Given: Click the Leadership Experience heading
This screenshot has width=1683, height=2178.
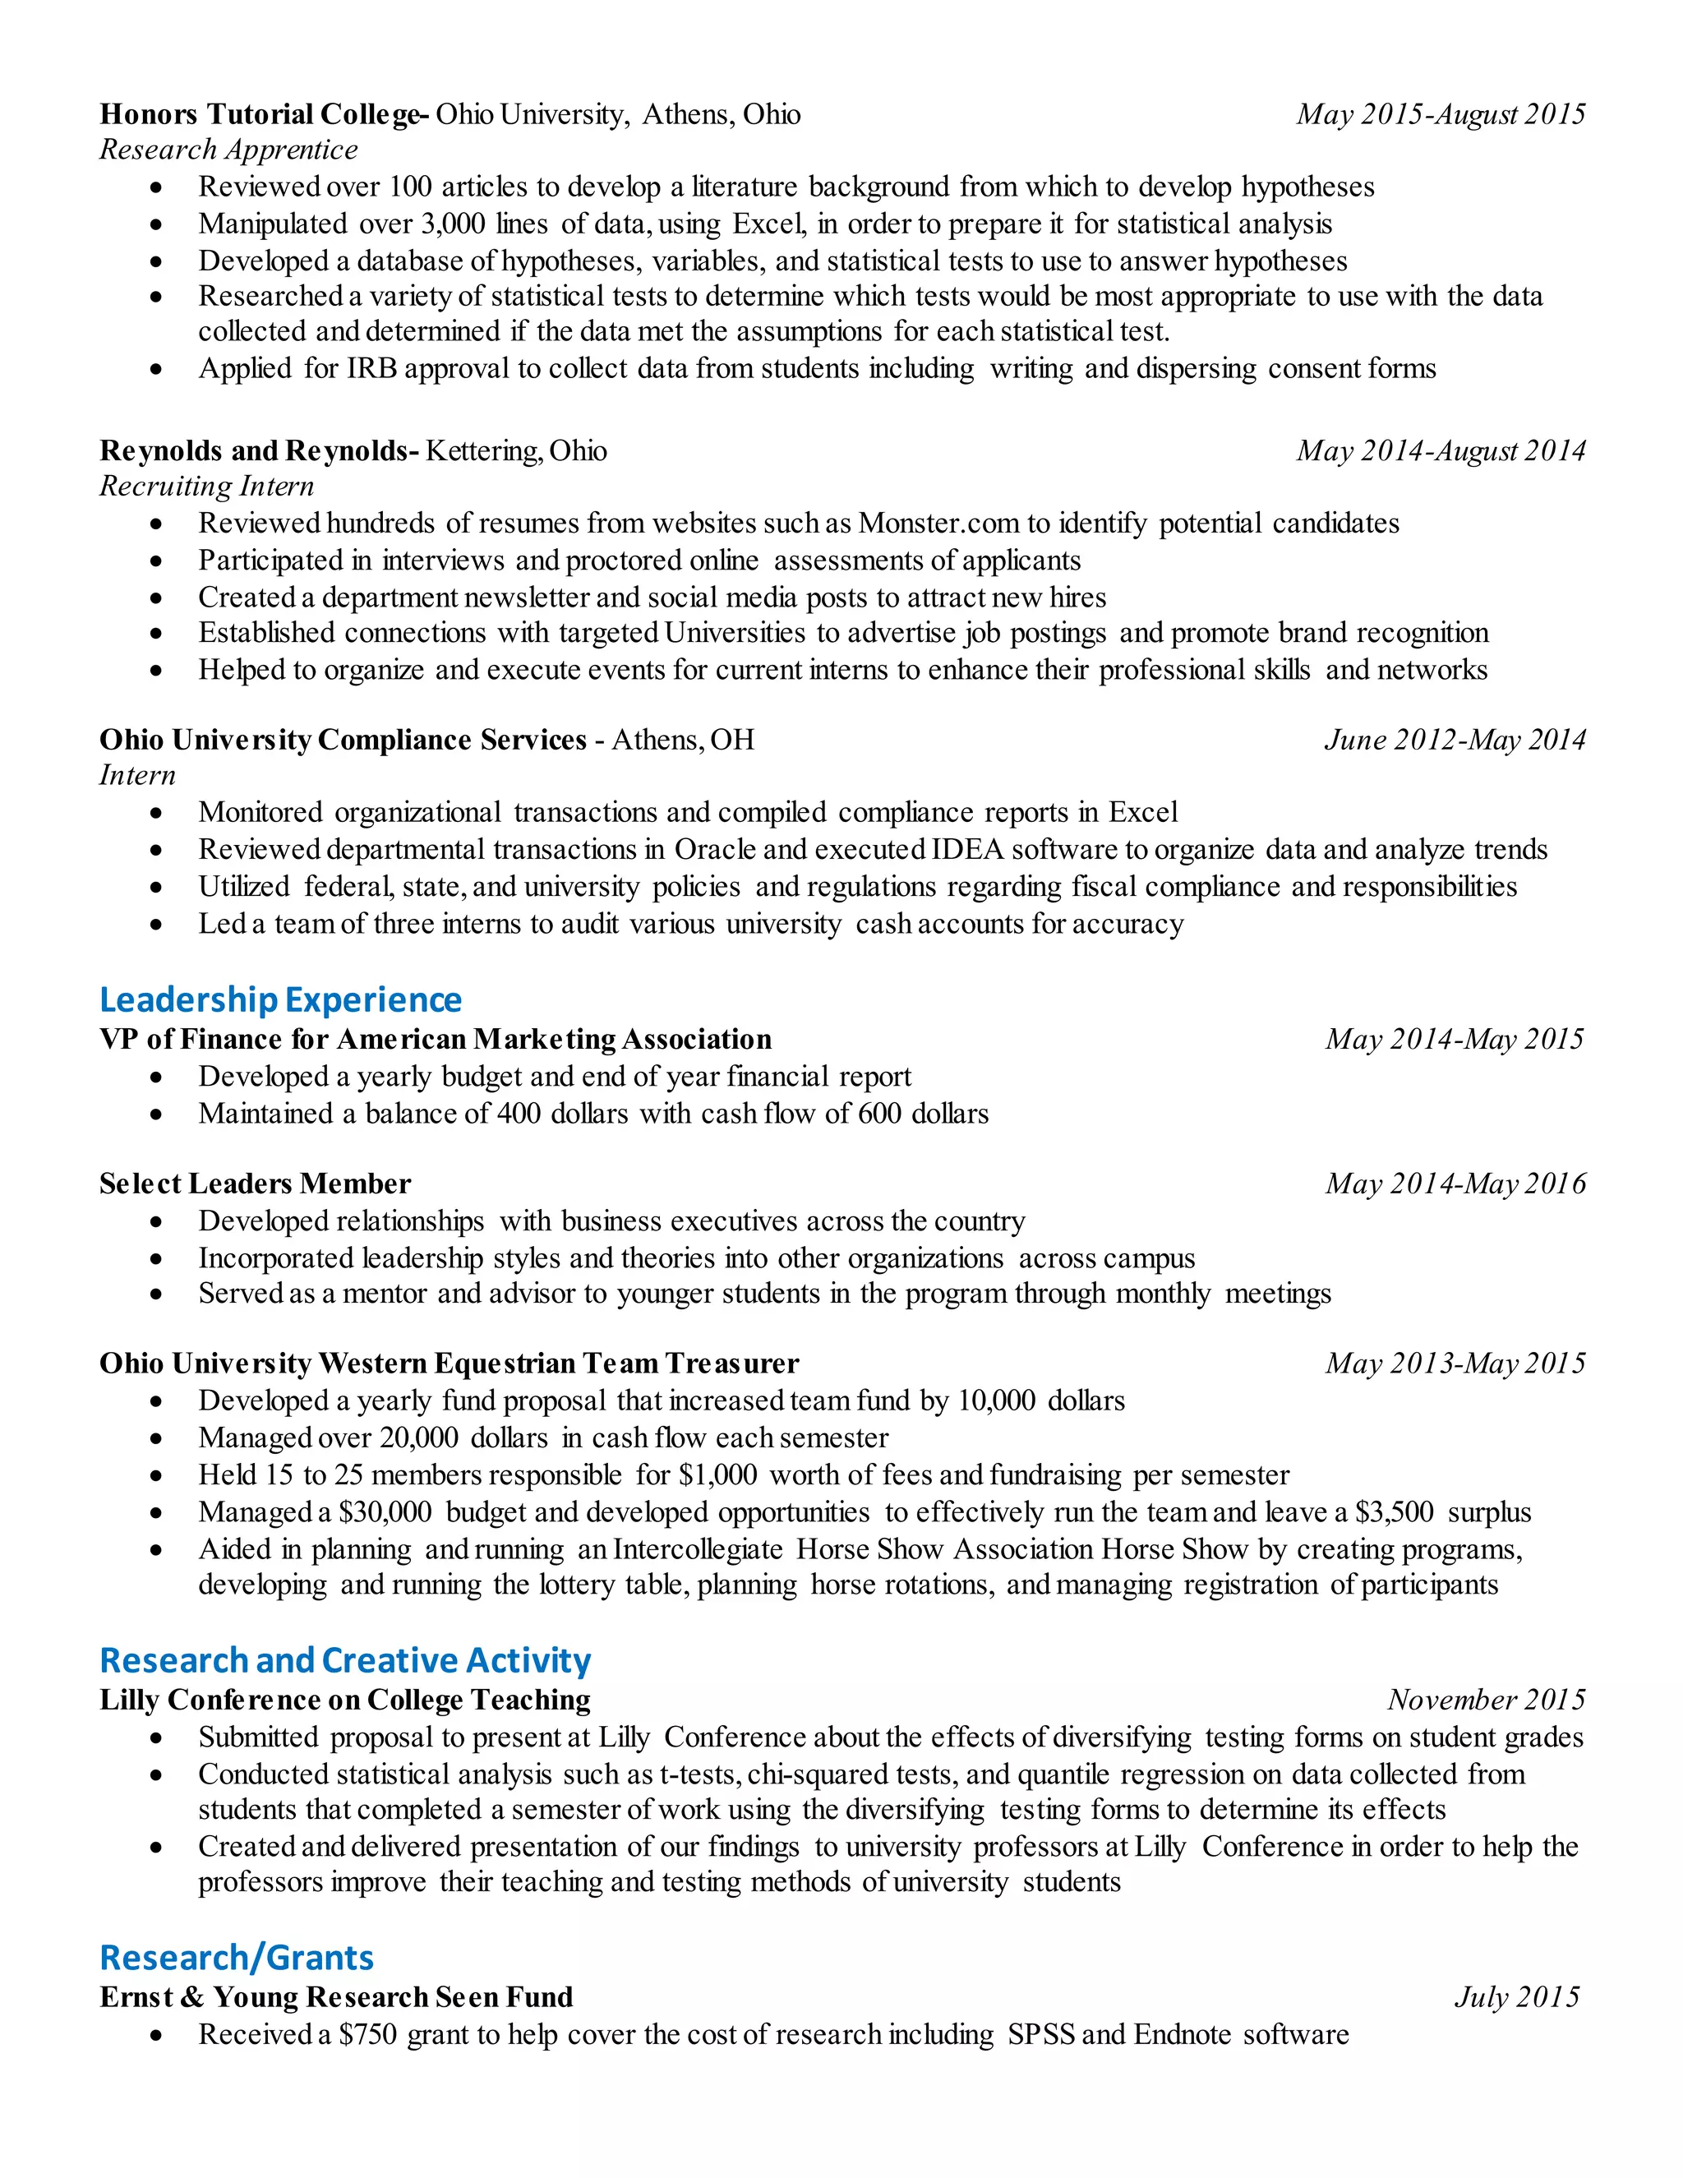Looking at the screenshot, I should pos(280,999).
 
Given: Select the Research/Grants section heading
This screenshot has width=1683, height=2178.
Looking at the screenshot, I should pos(237,1958).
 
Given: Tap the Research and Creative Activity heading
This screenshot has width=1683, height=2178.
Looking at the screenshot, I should pos(345,1660).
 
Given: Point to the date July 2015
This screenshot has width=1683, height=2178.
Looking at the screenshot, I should pos(1516,1996).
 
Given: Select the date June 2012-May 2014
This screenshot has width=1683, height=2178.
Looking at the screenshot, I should pos(1455,739).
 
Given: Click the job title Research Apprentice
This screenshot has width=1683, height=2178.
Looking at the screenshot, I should pos(228,150).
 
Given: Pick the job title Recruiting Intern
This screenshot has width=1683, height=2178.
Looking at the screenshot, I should pos(206,486).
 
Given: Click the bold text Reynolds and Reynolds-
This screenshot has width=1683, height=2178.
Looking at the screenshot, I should pos(259,450).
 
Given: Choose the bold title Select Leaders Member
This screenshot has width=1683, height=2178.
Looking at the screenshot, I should pos(256,1184).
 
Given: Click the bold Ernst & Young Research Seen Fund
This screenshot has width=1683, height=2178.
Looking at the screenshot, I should pos(336,1996).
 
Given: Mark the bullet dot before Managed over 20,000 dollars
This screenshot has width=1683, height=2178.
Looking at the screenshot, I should pos(156,1438).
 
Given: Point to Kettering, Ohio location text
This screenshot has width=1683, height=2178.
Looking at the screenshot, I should pos(515,450).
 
